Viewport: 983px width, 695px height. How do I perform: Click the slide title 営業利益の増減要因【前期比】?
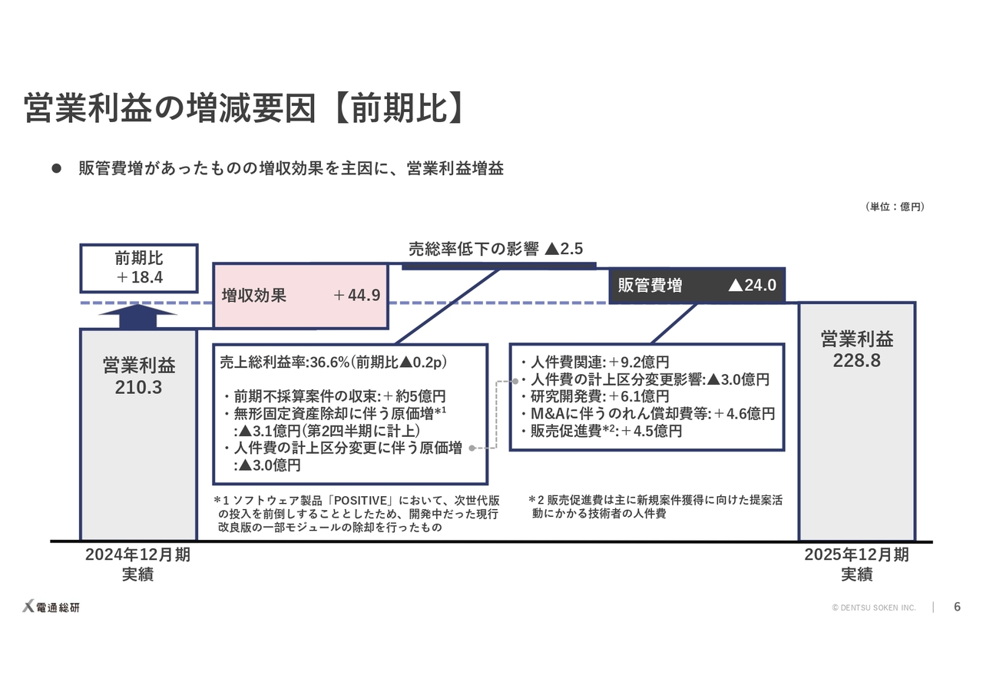(244, 108)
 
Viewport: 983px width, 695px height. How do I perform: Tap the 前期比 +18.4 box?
(139, 268)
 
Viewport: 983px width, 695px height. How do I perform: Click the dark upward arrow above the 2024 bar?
(138, 316)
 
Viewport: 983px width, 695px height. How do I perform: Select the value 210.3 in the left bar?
(138, 388)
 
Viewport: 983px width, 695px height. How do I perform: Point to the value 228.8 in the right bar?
(856, 360)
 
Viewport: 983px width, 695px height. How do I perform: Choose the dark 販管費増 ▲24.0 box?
(696, 286)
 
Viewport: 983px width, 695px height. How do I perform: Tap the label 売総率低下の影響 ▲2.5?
(495, 249)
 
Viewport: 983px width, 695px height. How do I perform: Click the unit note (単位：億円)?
(895, 207)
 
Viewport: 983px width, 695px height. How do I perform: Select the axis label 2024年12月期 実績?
(138, 564)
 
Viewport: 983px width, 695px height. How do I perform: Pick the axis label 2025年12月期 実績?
(856, 564)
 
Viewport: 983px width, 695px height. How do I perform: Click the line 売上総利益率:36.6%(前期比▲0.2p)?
(333, 362)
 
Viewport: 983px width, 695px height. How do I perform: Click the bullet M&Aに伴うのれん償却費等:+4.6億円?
(647, 414)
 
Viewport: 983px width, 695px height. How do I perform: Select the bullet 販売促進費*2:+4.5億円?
(601, 431)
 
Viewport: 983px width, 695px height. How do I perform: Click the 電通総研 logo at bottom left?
(51, 607)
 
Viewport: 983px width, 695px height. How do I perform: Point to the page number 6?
(957, 607)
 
